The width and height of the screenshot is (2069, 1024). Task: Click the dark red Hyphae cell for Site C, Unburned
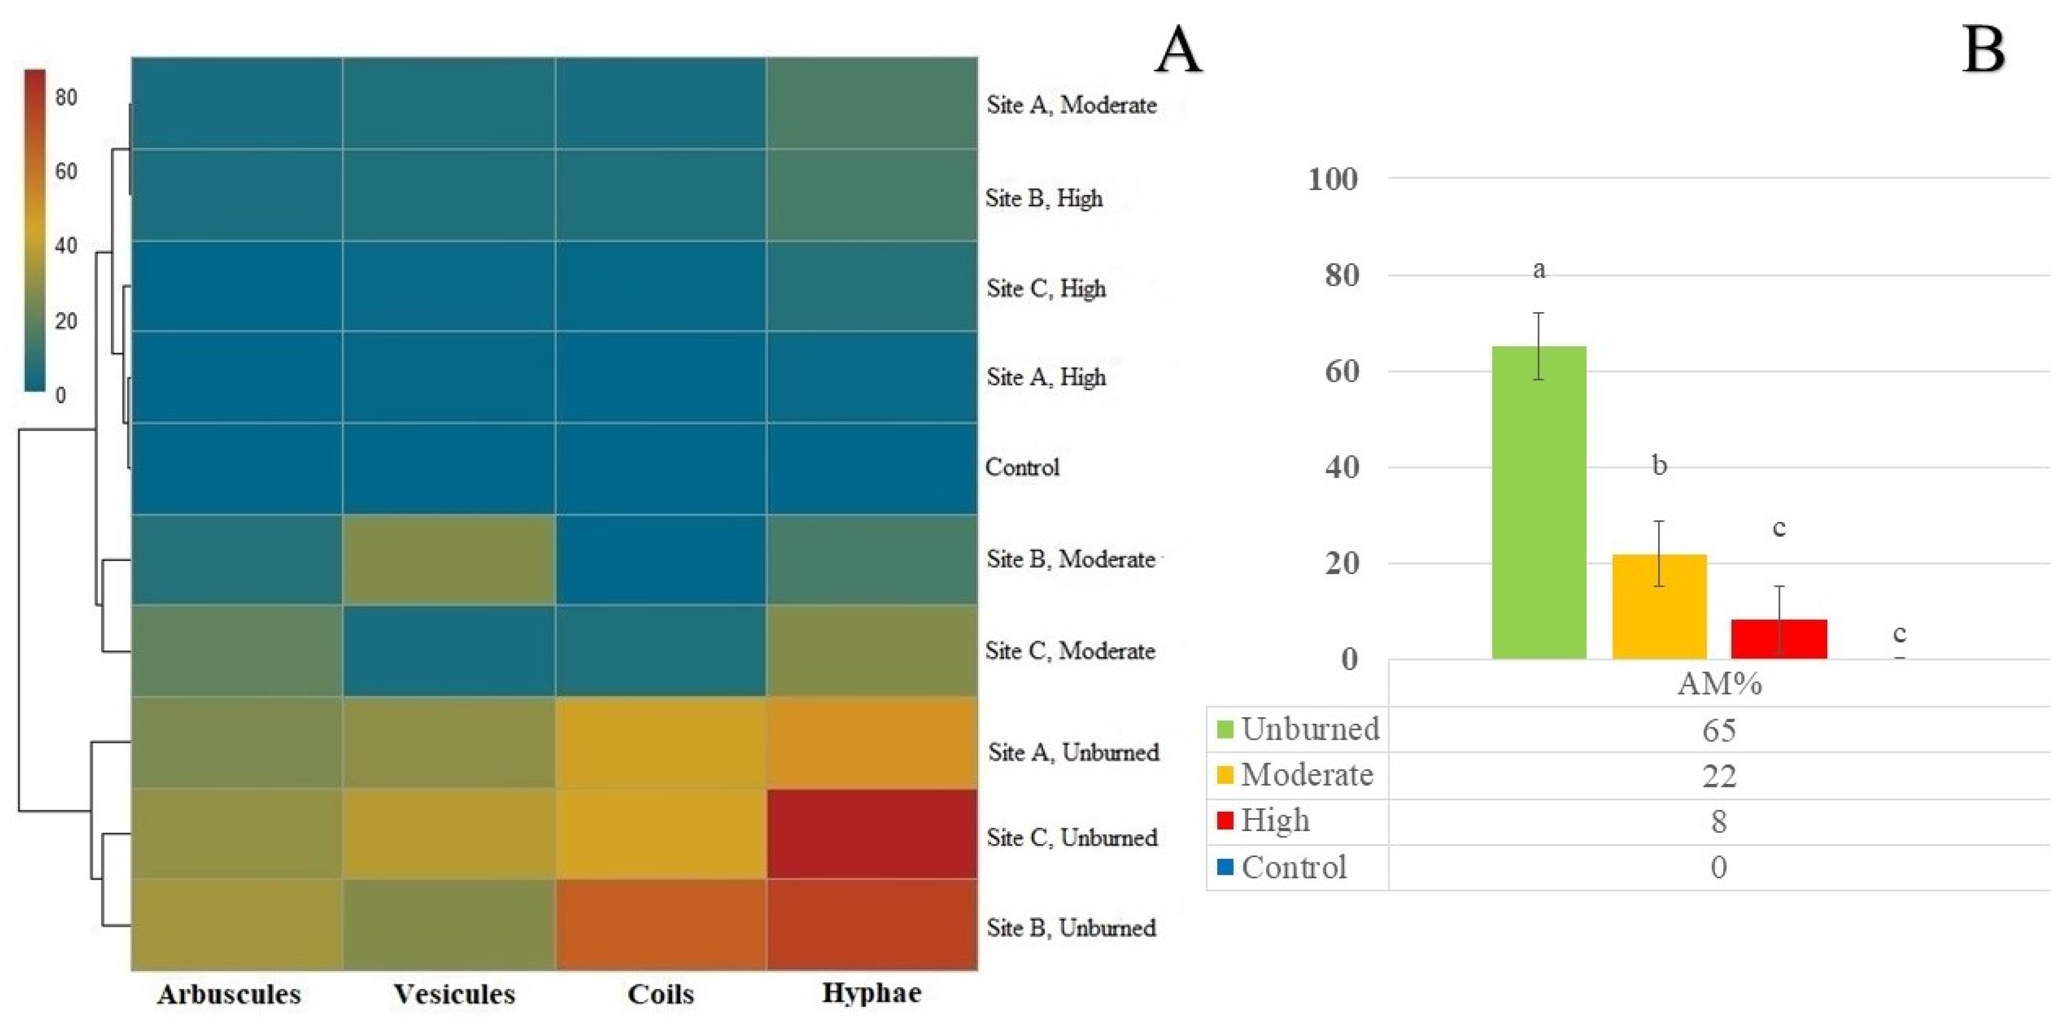(x=871, y=833)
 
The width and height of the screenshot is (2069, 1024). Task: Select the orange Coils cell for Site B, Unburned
(x=660, y=924)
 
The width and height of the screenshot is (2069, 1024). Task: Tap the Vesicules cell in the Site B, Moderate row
(x=448, y=559)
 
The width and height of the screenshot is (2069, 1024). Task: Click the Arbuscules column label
(x=229, y=995)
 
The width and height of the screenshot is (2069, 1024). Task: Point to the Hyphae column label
(x=871, y=993)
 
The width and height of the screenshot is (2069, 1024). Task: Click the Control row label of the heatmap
(x=1022, y=467)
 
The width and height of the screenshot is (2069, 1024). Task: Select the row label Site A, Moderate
(x=1071, y=104)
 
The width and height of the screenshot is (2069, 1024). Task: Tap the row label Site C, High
(x=1046, y=288)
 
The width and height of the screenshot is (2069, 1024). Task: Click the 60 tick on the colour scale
(x=66, y=171)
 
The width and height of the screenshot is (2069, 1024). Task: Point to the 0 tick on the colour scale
(x=60, y=395)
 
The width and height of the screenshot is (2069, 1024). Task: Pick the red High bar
(x=1779, y=639)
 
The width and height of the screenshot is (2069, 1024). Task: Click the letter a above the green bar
(x=1538, y=270)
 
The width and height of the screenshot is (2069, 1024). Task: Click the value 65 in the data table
(x=1718, y=730)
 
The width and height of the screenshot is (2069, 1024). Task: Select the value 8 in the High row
(x=1718, y=822)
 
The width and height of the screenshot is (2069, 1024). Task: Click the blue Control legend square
(x=1225, y=867)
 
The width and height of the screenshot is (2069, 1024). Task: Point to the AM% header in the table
(x=1719, y=684)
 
